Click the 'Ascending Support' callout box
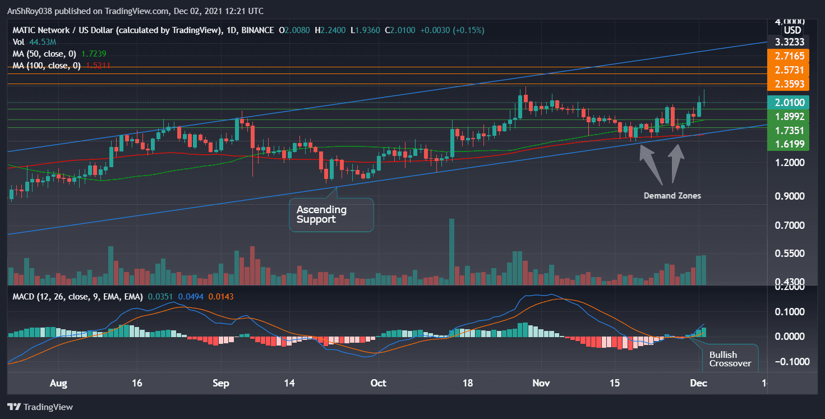pyautogui.click(x=331, y=214)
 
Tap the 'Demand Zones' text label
pyautogui.click(x=672, y=196)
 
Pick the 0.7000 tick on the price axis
pyautogui.click(x=792, y=225)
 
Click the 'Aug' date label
pyautogui.click(x=58, y=384)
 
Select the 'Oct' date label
pyautogui.click(x=379, y=384)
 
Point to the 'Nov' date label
pyautogui.click(x=541, y=384)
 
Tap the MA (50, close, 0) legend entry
pyautogui.click(x=59, y=53)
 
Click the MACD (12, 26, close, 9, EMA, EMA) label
pyautogui.click(x=77, y=296)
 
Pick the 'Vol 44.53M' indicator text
pyautogui.click(x=35, y=42)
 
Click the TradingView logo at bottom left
pyautogui.click(x=40, y=407)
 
